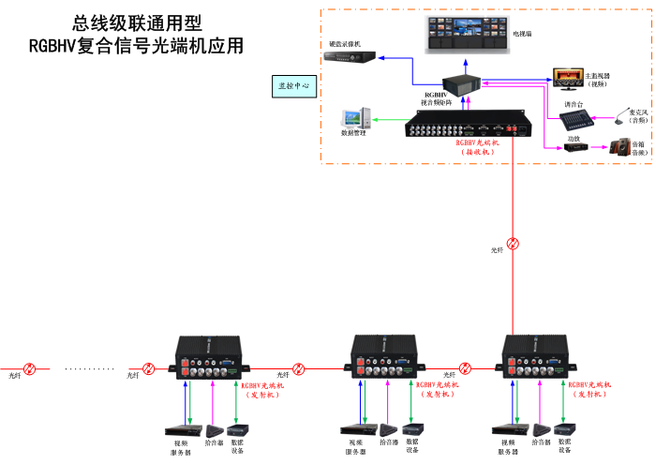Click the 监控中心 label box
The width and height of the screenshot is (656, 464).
point(293,85)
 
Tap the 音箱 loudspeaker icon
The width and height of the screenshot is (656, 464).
point(619,146)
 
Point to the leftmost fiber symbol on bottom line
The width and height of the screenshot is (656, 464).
point(30,369)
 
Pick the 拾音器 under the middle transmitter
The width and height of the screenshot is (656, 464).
point(389,429)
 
